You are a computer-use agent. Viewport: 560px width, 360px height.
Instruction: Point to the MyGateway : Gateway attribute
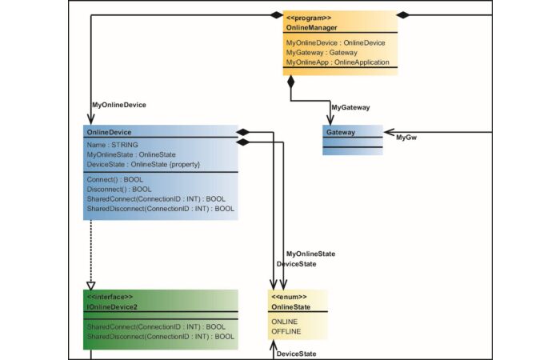[x=321, y=51]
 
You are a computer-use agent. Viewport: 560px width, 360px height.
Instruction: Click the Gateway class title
[x=341, y=131]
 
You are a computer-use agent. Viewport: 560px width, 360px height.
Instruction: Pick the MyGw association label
[x=406, y=138]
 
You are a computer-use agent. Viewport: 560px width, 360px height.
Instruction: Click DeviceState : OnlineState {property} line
[x=142, y=164]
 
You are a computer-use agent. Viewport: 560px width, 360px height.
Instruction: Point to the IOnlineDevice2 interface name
[x=112, y=306]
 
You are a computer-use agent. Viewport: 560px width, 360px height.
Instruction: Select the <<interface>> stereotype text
[x=110, y=297]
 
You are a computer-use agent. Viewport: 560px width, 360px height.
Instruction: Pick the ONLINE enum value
[x=285, y=321]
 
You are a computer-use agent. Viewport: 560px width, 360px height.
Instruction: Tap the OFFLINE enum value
[x=286, y=330]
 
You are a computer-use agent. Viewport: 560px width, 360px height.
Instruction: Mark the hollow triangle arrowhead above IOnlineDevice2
[x=90, y=284]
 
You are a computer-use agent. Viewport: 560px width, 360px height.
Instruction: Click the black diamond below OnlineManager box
[x=291, y=82]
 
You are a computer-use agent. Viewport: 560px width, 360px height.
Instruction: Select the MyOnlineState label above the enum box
[x=310, y=254]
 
